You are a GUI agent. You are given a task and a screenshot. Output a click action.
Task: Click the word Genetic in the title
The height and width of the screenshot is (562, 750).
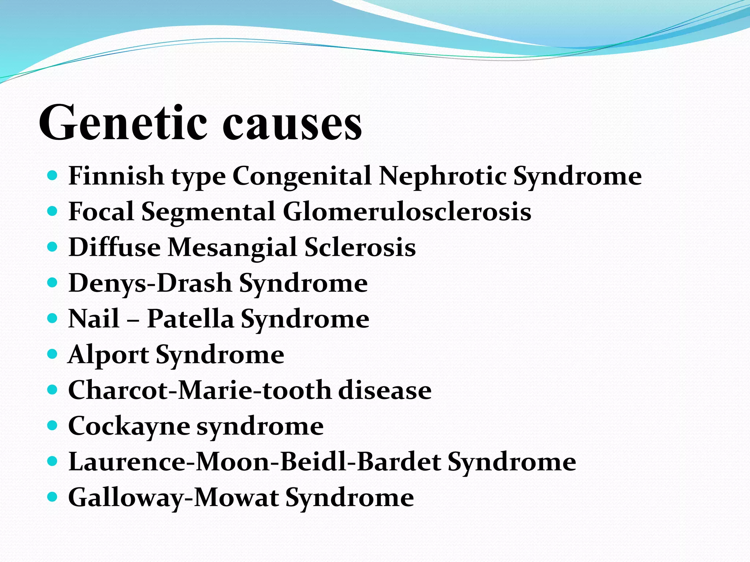point(123,123)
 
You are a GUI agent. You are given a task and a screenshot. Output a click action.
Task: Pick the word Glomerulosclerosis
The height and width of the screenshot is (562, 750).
point(407,212)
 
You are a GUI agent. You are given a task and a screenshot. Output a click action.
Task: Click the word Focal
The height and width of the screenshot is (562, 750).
point(101,212)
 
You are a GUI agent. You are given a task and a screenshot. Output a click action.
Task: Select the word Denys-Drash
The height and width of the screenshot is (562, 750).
point(150,283)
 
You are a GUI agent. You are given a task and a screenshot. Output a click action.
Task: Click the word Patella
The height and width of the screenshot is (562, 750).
point(190,319)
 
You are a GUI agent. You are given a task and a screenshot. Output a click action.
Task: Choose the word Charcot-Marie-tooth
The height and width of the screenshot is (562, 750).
point(199,390)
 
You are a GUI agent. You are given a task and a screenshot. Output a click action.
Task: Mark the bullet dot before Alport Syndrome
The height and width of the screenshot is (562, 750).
point(53,354)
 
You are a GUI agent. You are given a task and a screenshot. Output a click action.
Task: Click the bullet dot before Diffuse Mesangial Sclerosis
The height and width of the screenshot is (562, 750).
point(53,247)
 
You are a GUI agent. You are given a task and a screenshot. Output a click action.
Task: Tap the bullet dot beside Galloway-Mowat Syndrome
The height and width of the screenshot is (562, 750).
point(53,497)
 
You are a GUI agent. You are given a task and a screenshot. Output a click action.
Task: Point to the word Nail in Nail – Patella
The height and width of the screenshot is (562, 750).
point(94,319)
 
